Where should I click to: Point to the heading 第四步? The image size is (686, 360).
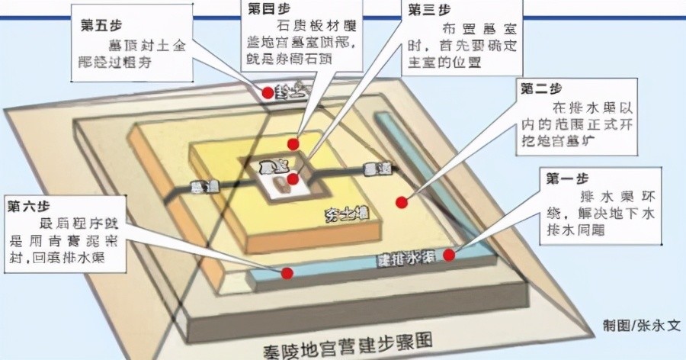coord(266,10)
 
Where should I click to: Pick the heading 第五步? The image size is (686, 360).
coord(98,24)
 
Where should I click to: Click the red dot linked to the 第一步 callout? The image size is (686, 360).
coord(449,255)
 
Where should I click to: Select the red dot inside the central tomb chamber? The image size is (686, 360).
coord(293,179)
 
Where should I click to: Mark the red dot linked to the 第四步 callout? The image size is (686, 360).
coord(293,143)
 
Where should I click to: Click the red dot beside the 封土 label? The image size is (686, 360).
coord(267,93)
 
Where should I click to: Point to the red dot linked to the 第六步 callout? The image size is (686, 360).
coord(287,273)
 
